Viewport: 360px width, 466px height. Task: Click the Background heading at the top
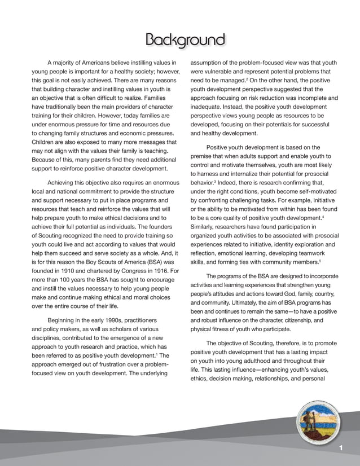click(x=185, y=40)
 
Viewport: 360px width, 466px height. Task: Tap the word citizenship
click(x=308, y=320)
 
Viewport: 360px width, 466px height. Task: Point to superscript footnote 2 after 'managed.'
click(x=247, y=79)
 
